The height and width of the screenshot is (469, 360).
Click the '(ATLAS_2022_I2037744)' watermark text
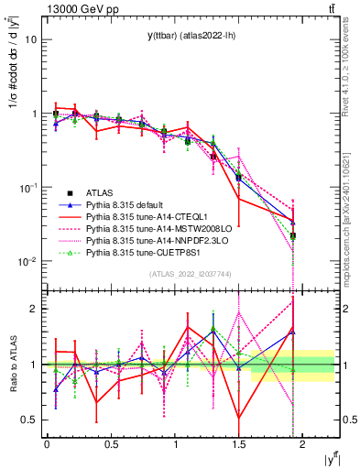click(x=190, y=274)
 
